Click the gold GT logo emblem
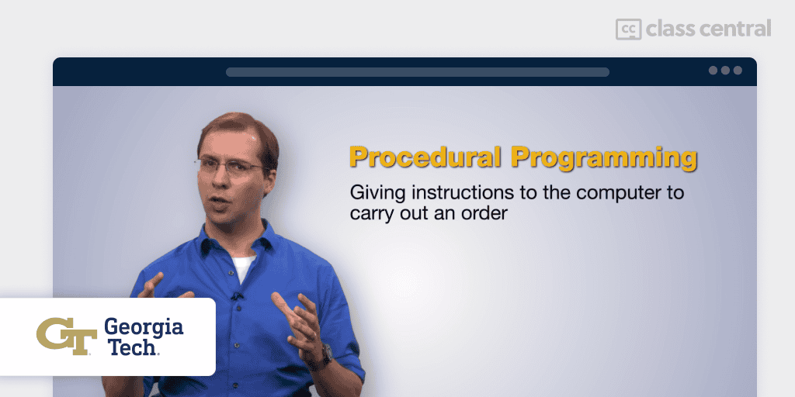tap(67, 337)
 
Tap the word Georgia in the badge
tap(144, 329)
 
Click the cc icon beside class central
tap(628, 29)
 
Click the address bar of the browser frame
tap(417, 72)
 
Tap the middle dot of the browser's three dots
tap(726, 71)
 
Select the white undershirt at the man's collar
tap(243, 268)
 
